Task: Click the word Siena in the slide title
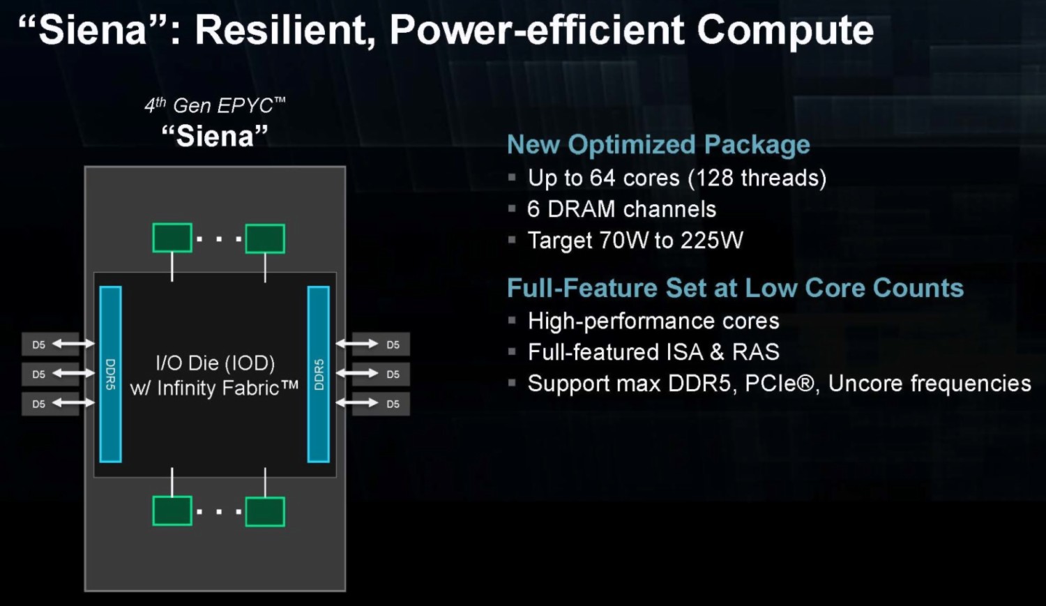(x=93, y=30)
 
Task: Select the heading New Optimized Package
(x=658, y=144)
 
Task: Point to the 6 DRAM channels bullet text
(x=621, y=209)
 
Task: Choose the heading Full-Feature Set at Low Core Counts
(x=736, y=287)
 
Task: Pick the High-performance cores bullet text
(x=653, y=321)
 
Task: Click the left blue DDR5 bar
(x=111, y=374)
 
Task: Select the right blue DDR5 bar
(x=319, y=374)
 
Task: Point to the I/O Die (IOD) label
(x=215, y=363)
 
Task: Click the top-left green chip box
(x=172, y=238)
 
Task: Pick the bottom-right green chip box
(x=265, y=512)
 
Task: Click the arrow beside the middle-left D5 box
(x=73, y=373)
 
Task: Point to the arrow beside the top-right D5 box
(x=357, y=344)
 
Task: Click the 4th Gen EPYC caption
(x=215, y=106)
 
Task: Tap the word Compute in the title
(x=785, y=31)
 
